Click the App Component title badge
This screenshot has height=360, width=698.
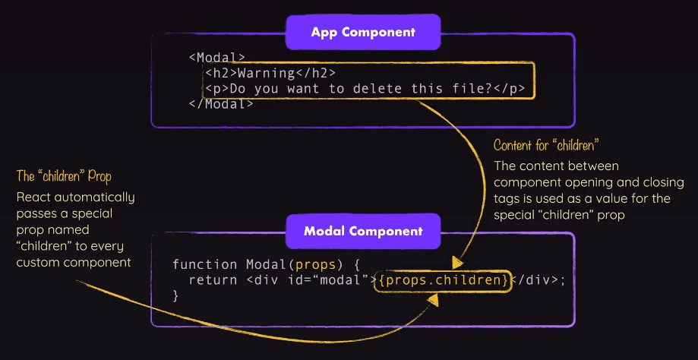[x=362, y=33]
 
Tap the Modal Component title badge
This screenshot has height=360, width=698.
[x=362, y=231]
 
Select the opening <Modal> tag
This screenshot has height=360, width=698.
[x=217, y=57]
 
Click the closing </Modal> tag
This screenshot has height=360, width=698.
[x=221, y=103]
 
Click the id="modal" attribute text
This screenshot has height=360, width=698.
[x=326, y=281]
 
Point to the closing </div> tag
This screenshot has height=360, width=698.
[x=539, y=281]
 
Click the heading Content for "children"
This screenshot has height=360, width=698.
[x=542, y=144]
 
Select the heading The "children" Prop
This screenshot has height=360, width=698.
[x=64, y=177]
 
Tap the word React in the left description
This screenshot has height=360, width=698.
[x=34, y=197]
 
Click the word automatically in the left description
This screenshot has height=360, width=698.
[x=94, y=197]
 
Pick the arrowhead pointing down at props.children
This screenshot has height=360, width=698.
[x=458, y=263]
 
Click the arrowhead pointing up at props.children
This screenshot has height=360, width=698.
[x=434, y=299]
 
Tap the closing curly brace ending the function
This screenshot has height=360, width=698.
[x=176, y=296]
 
